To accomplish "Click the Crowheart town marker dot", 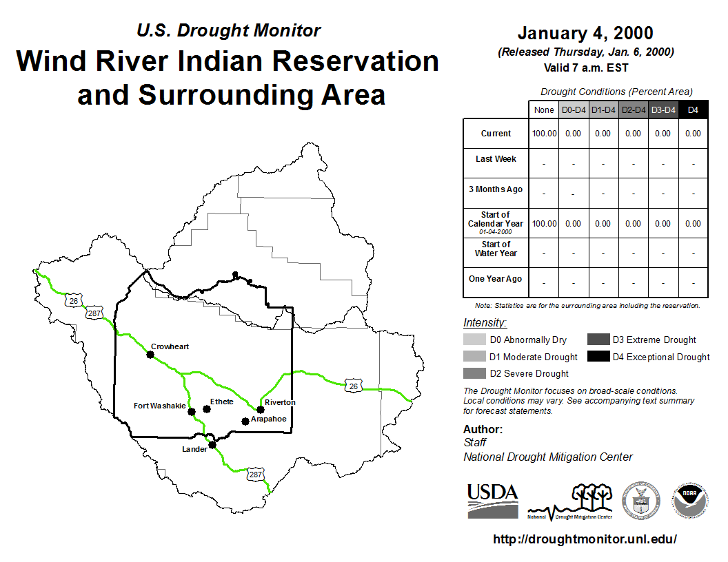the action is tap(150, 355).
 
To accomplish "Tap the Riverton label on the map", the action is tap(280, 402).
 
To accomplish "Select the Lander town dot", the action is tap(212, 445).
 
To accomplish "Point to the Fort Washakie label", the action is tap(160, 406).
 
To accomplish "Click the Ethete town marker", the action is tap(207, 409).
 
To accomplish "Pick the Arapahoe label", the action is tap(268, 419).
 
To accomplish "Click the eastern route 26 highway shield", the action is tap(354, 386).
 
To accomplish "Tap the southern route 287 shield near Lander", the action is tap(255, 475).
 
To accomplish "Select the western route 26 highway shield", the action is tap(73, 301).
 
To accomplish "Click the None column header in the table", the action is tap(544, 110).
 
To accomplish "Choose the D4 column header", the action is tap(693, 110).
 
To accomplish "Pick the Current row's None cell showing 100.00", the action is tap(544, 134).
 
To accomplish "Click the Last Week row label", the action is tap(496, 159).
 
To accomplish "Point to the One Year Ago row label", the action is tap(496, 279).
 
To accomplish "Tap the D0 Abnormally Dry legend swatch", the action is tap(474, 340).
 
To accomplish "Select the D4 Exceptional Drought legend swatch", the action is tap(598, 356).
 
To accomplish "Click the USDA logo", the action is tap(493, 501).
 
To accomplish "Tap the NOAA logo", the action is tap(689, 500).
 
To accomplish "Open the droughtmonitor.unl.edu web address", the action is tap(585, 539).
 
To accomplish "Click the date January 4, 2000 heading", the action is tap(585, 33).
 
